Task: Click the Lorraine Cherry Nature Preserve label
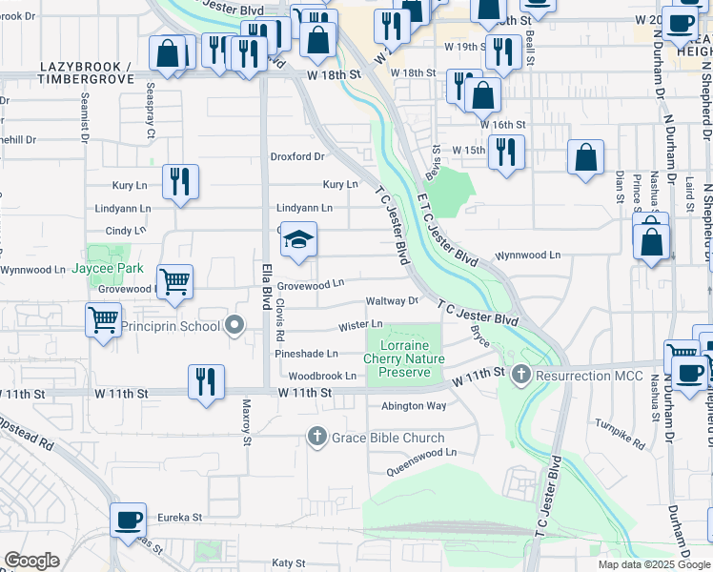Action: [404, 358]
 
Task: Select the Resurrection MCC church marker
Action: [520, 375]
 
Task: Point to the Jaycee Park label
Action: [107, 269]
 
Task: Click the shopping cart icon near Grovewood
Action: [175, 281]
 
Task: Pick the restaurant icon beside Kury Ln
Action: [180, 181]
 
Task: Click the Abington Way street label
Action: [414, 406]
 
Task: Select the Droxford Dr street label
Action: [298, 156]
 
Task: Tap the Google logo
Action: [31, 562]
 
